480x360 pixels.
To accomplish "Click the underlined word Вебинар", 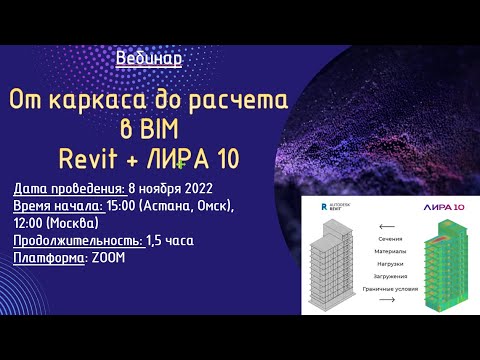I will pyautogui.click(x=149, y=58).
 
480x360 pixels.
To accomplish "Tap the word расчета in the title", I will pyautogui.click(x=238, y=101).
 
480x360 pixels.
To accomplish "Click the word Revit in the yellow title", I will pyautogui.click(x=90, y=160).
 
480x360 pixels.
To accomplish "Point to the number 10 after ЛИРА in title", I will pyautogui.click(x=222, y=160).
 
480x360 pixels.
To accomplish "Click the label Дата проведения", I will pyautogui.click(x=68, y=188).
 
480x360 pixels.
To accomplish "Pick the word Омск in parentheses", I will pyautogui.click(x=211, y=206).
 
